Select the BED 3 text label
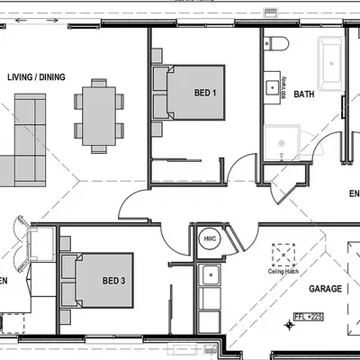coord(112,281)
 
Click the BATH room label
coord(304,93)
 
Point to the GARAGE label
coord(325,289)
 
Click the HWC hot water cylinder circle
coord(209,238)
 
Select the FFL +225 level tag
coord(310,317)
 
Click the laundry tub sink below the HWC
coord(212,274)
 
